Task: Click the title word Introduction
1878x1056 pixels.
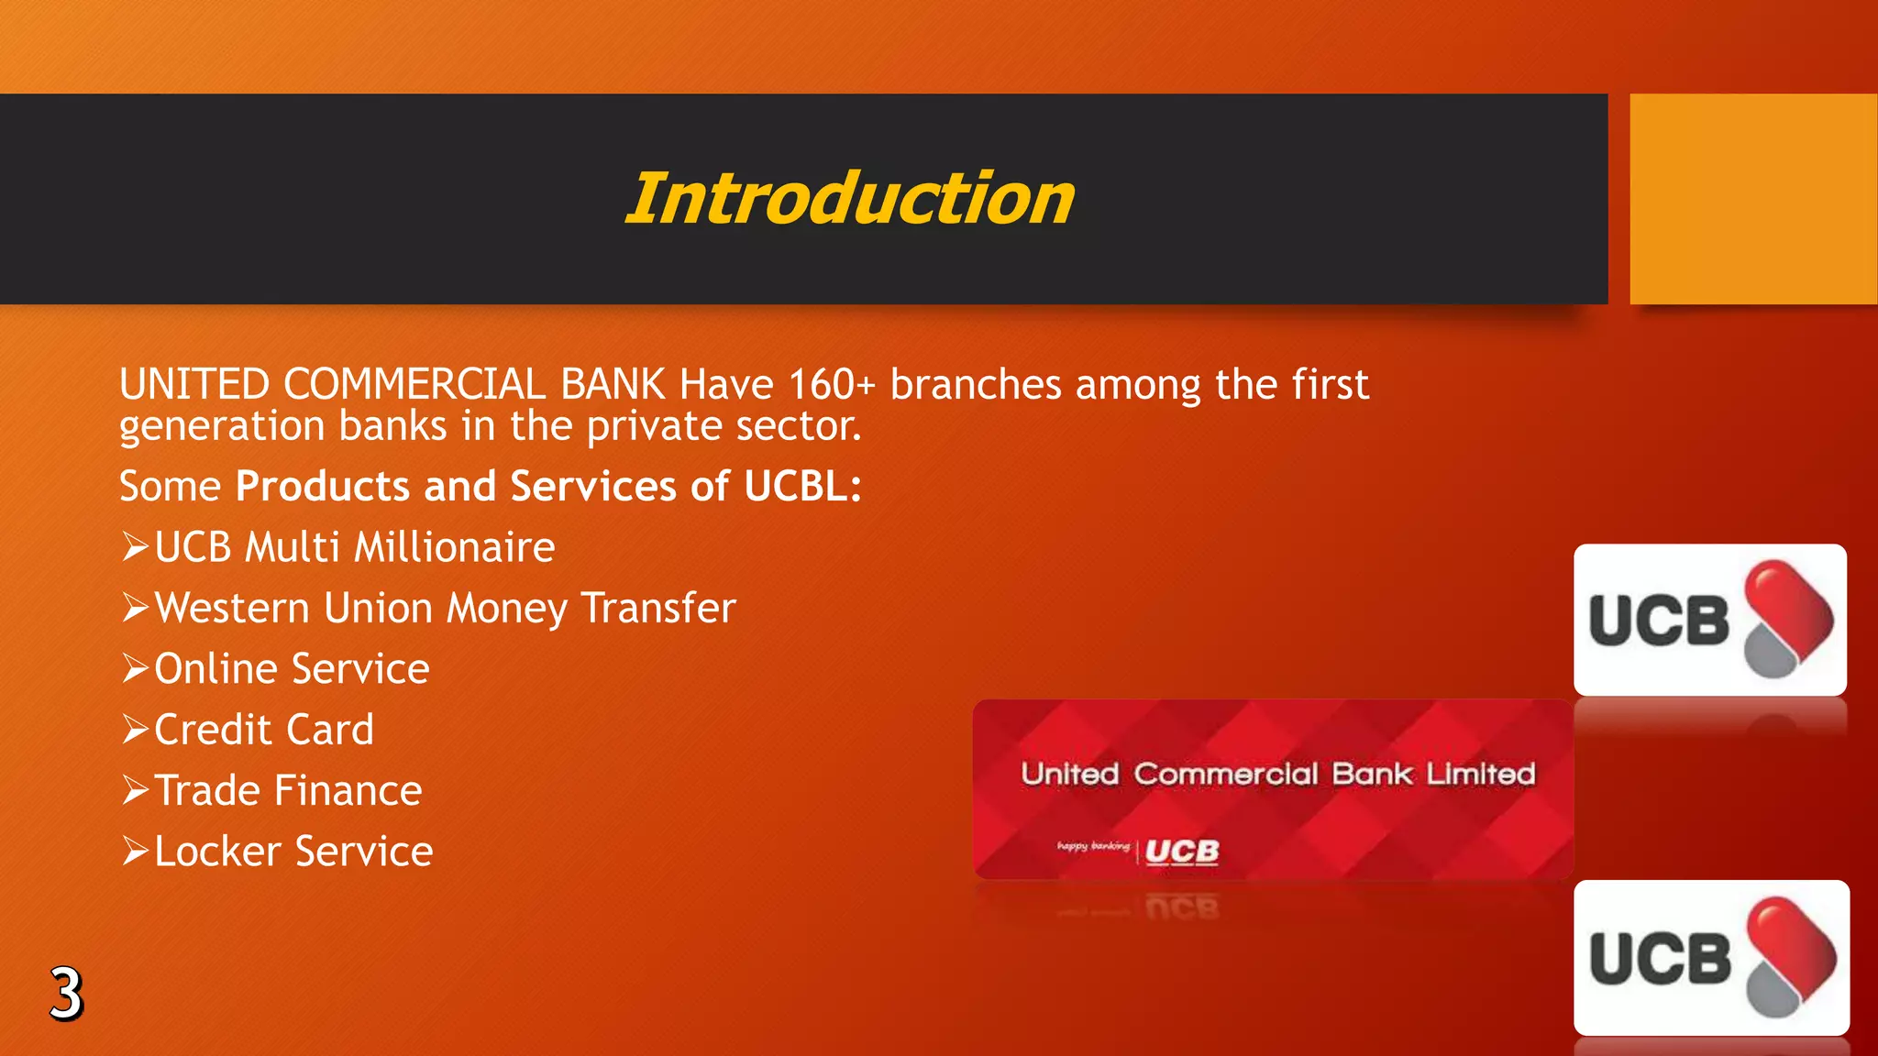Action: point(849,199)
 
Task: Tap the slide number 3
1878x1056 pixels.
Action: point(66,994)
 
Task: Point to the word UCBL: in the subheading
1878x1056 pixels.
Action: point(802,486)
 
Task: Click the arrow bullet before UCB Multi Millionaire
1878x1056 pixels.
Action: point(136,547)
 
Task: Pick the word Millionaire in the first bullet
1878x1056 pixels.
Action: point(454,547)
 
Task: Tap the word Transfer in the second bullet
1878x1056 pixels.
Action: point(658,609)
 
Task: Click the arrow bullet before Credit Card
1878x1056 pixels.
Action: point(136,730)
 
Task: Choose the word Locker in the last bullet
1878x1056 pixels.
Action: point(217,852)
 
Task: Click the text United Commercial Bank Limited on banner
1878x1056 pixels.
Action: point(1277,774)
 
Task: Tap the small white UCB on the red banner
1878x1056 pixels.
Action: point(1182,852)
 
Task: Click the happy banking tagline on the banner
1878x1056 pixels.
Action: point(1093,846)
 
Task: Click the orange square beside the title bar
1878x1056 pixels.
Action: point(1752,199)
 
